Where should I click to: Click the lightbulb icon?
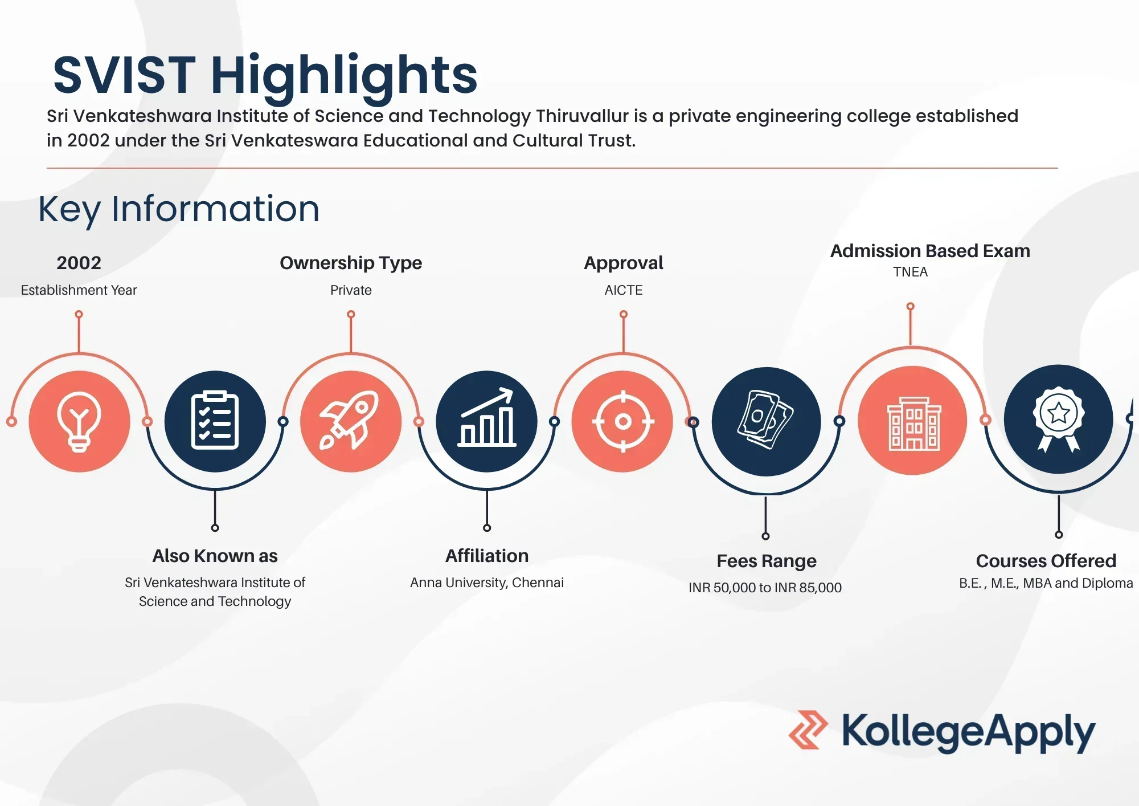coord(79,422)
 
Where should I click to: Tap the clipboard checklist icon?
coord(215,421)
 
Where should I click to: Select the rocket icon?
coord(349,420)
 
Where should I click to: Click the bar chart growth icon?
coord(487,417)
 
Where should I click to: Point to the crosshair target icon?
coord(623,422)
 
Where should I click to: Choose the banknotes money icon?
coord(765,420)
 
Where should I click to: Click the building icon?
coord(914,424)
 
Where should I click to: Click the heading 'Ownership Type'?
coord(351,263)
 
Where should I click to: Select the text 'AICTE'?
coord(624,290)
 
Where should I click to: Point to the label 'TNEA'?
coord(910,272)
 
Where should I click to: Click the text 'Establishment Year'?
coord(79,290)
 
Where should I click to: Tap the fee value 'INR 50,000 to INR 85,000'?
coord(765,588)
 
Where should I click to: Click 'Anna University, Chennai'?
coord(487,583)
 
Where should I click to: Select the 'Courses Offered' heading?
coord(1046,561)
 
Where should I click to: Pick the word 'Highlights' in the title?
coord(344,76)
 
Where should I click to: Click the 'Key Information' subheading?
coord(179,210)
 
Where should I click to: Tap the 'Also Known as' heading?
coord(215,556)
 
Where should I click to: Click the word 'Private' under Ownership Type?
coord(351,290)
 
